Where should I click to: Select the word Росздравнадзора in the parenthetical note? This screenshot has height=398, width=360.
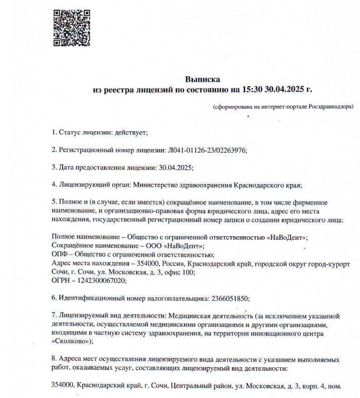331,107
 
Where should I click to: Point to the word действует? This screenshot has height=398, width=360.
131,133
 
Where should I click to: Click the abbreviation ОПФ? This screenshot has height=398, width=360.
60,254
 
